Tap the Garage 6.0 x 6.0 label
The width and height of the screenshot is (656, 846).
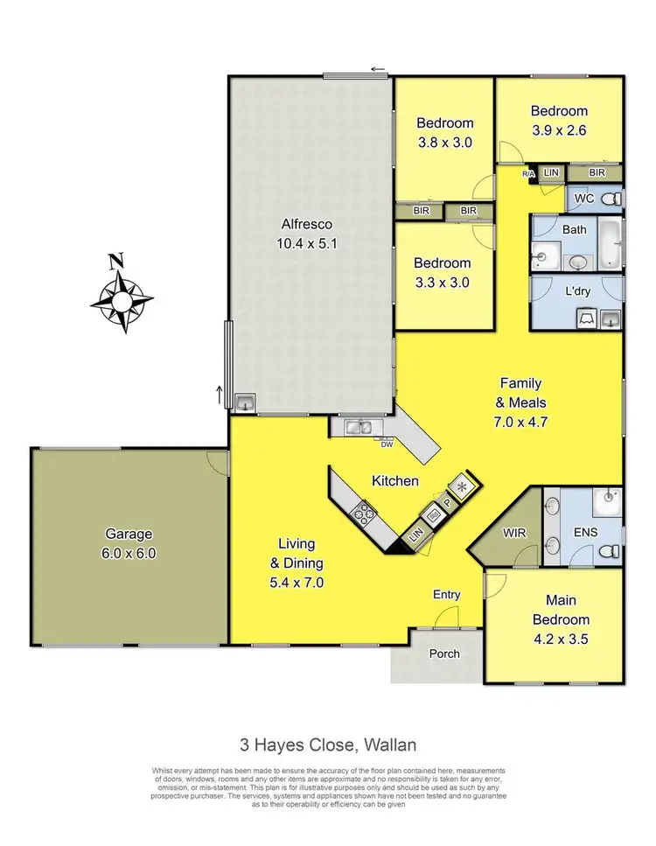129,542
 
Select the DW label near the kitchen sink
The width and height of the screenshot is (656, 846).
387,444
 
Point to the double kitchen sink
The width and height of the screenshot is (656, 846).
359,427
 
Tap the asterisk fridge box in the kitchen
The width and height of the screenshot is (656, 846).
464,486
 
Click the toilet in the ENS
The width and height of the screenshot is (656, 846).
611,551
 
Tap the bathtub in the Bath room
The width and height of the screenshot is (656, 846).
609,245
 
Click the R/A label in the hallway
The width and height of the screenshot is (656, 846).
527,174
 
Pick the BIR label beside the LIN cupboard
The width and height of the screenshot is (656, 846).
596,173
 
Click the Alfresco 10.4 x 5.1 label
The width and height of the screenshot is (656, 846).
311,237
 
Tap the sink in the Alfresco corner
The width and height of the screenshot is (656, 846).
244,402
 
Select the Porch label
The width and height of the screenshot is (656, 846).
443,654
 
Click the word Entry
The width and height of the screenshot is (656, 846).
446,595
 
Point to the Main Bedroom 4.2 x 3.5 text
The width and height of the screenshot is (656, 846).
561,619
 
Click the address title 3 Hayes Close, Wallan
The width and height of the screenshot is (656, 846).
328,745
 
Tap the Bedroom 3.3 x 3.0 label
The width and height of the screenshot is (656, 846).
443,271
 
